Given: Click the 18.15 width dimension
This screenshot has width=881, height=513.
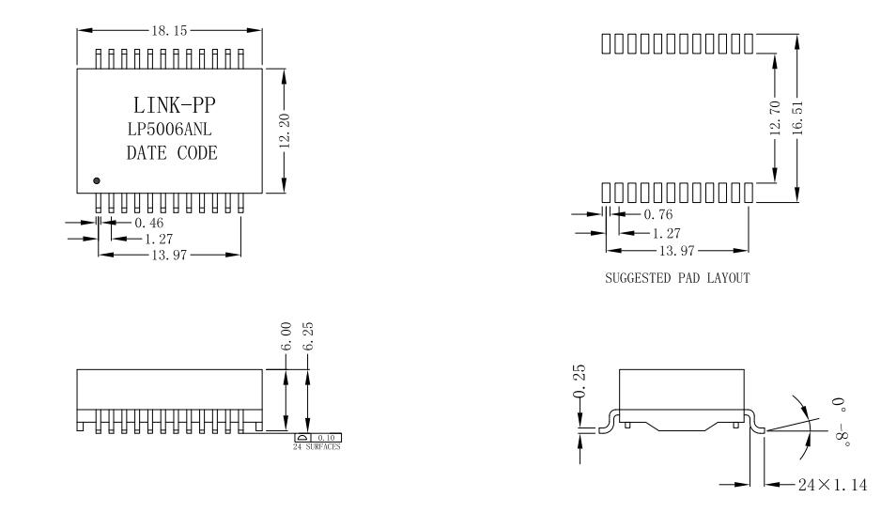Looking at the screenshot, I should point(168,30).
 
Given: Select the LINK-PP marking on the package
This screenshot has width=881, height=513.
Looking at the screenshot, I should point(172,104).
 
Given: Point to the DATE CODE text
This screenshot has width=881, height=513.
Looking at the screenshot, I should point(172,153).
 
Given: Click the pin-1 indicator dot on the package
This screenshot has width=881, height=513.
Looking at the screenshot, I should point(96,179).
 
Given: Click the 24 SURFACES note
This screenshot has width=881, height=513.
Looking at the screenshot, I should point(317,447).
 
